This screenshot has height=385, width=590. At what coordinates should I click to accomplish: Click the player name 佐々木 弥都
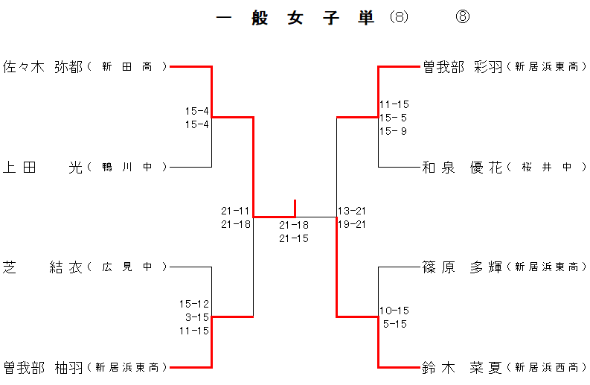pos(43,67)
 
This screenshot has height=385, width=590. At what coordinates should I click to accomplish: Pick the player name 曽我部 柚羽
pos(43,367)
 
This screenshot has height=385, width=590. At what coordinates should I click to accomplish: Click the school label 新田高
pos(127,67)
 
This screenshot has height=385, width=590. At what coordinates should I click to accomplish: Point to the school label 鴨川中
pos(127,168)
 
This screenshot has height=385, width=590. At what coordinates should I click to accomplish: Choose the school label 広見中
pos(127,267)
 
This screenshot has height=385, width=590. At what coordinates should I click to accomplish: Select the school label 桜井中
pos(547,168)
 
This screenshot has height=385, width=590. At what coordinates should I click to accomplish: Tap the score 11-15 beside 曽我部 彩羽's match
pos(394,104)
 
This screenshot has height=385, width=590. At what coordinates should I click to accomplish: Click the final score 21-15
pos(294,238)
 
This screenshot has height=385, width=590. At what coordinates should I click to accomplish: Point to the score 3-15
pos(197,317)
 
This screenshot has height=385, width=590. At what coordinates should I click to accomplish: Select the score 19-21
pos(351,224)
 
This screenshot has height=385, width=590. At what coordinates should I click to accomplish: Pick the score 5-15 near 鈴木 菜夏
pos(394,324)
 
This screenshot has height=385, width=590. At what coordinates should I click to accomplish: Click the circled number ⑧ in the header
pos(463,18)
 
